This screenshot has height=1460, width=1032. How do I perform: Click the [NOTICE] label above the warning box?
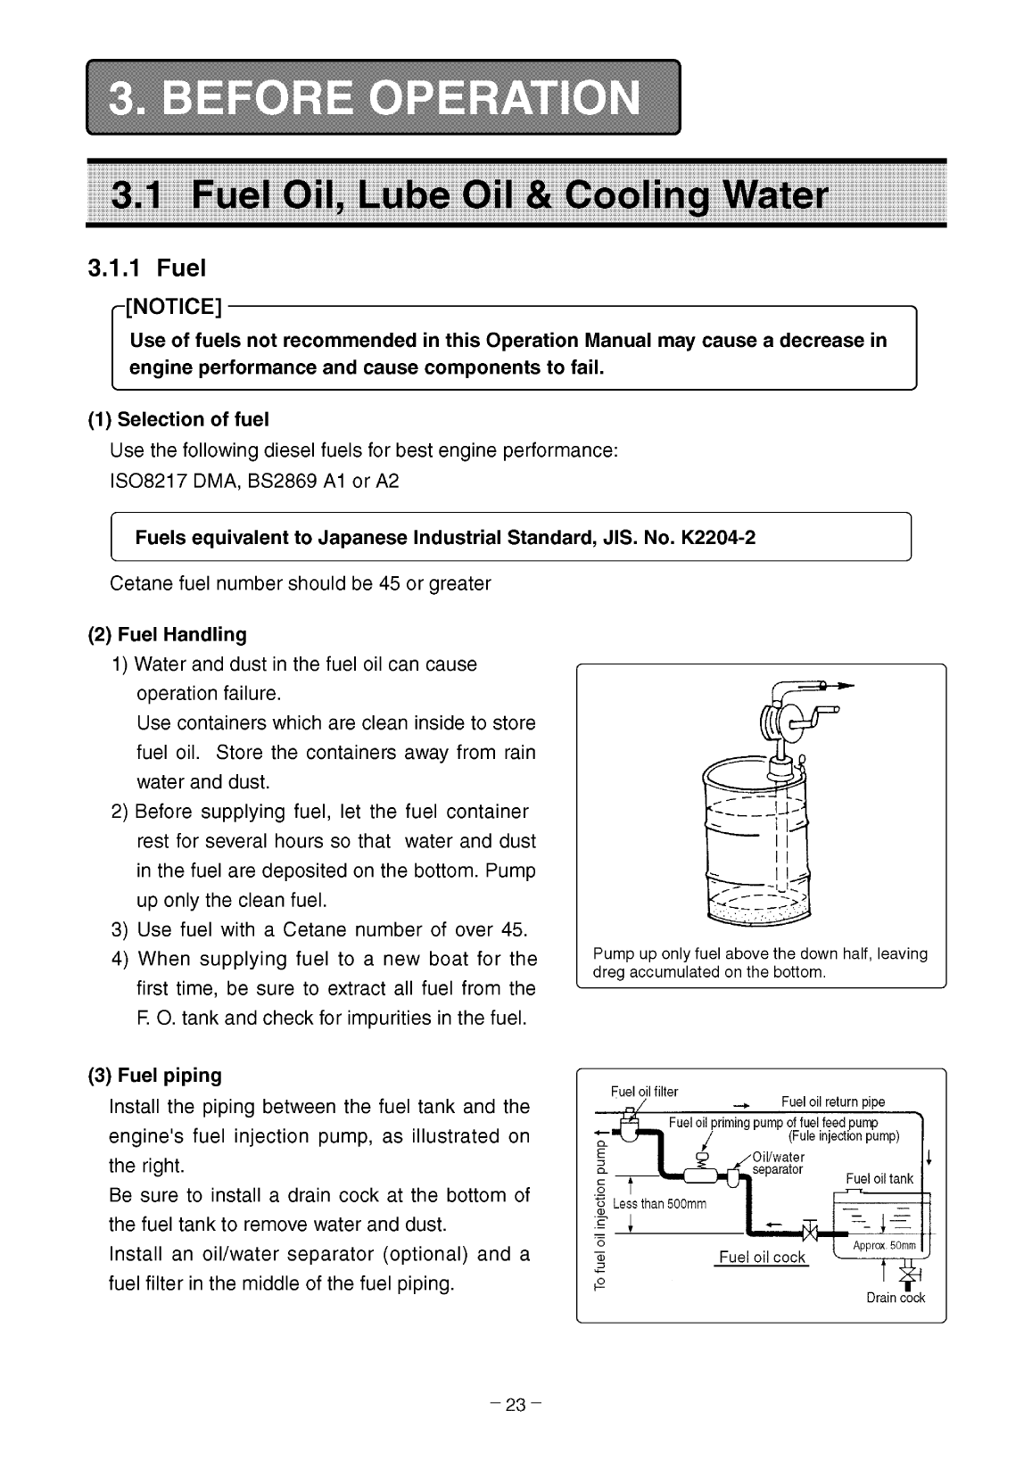(x=175, y=309)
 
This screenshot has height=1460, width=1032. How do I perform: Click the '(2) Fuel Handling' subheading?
(x=167, y=634)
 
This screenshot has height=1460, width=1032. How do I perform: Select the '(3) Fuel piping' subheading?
(x=155, y=1075)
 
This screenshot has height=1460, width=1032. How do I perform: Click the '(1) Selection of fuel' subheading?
(x=178, y=419)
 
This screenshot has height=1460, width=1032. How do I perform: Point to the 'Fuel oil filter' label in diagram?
(x=644, y=1092)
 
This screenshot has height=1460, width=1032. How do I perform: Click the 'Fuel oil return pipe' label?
(x=832, y=1101)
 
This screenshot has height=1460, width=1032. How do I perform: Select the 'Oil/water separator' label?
(x=778, y=1163)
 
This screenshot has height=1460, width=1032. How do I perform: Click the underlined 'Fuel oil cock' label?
(x=762, y=1258)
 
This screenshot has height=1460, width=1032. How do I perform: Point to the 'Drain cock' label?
(x=896, y=1298)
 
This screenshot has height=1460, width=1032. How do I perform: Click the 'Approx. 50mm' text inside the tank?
(x=878, y=1245)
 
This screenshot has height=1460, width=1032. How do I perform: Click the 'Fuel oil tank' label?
(x=879, y=1178)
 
